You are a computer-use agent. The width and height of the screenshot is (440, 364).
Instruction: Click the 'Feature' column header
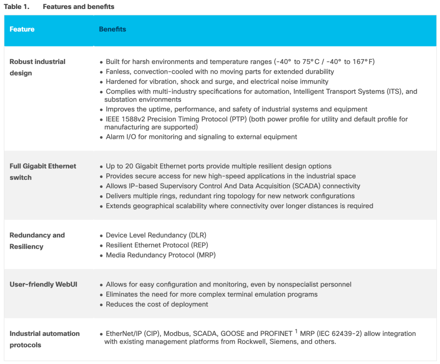tap(22, 29)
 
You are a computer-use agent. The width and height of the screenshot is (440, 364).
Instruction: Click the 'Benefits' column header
tap(112, 29)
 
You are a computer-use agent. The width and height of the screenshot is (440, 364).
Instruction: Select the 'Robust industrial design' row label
tap(37, 67)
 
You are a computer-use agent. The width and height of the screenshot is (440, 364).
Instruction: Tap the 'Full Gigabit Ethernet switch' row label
tap(43, 172)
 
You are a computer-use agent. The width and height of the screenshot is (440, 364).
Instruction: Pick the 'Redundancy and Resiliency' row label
tap(37, 240)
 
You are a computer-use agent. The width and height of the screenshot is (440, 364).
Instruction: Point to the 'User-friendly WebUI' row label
tap(44, 284)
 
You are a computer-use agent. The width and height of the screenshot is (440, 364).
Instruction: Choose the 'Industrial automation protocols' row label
tap(44, 339)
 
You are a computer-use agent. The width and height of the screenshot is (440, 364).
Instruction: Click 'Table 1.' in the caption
tap(17, 7)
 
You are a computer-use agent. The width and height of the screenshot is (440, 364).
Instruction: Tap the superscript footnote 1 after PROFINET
tap(297, 331)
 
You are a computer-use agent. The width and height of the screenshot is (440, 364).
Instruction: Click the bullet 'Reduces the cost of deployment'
tap(157, 304)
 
